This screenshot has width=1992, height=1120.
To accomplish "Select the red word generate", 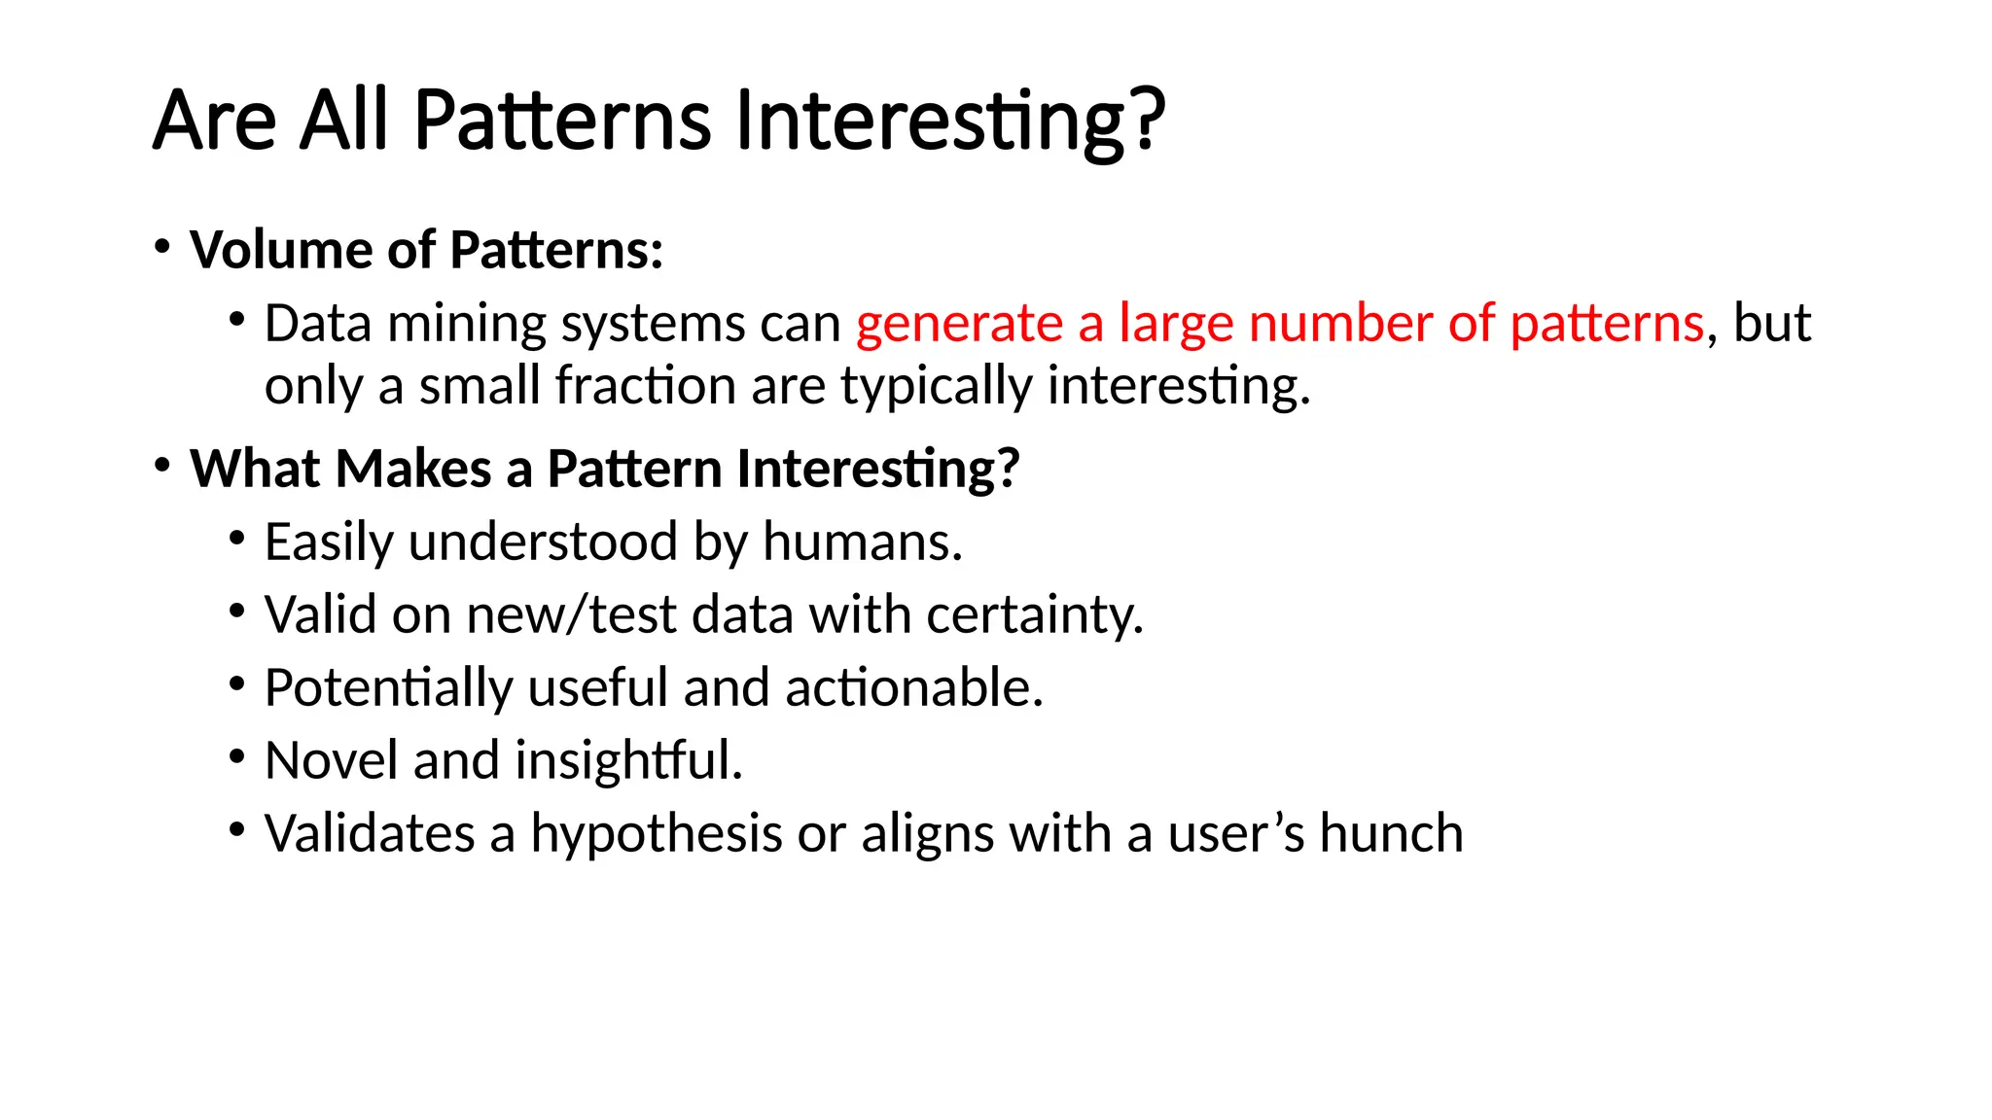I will [x=959, y=324].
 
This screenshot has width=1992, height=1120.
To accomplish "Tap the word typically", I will [x=935, y=386].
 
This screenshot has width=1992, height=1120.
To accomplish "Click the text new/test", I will [x=571, y=614].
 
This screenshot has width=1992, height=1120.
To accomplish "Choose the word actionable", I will [x=913, y=687].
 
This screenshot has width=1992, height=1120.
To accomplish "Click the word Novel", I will [x=331, y=760].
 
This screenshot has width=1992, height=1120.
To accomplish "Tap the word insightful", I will [x=628, y=760].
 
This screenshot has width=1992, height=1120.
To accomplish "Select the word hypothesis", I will [x=656, y=833].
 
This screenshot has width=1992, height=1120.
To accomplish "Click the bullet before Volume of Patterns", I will [x=162, y=245].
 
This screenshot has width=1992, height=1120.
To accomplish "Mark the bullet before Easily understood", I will [x=237, y=538].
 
